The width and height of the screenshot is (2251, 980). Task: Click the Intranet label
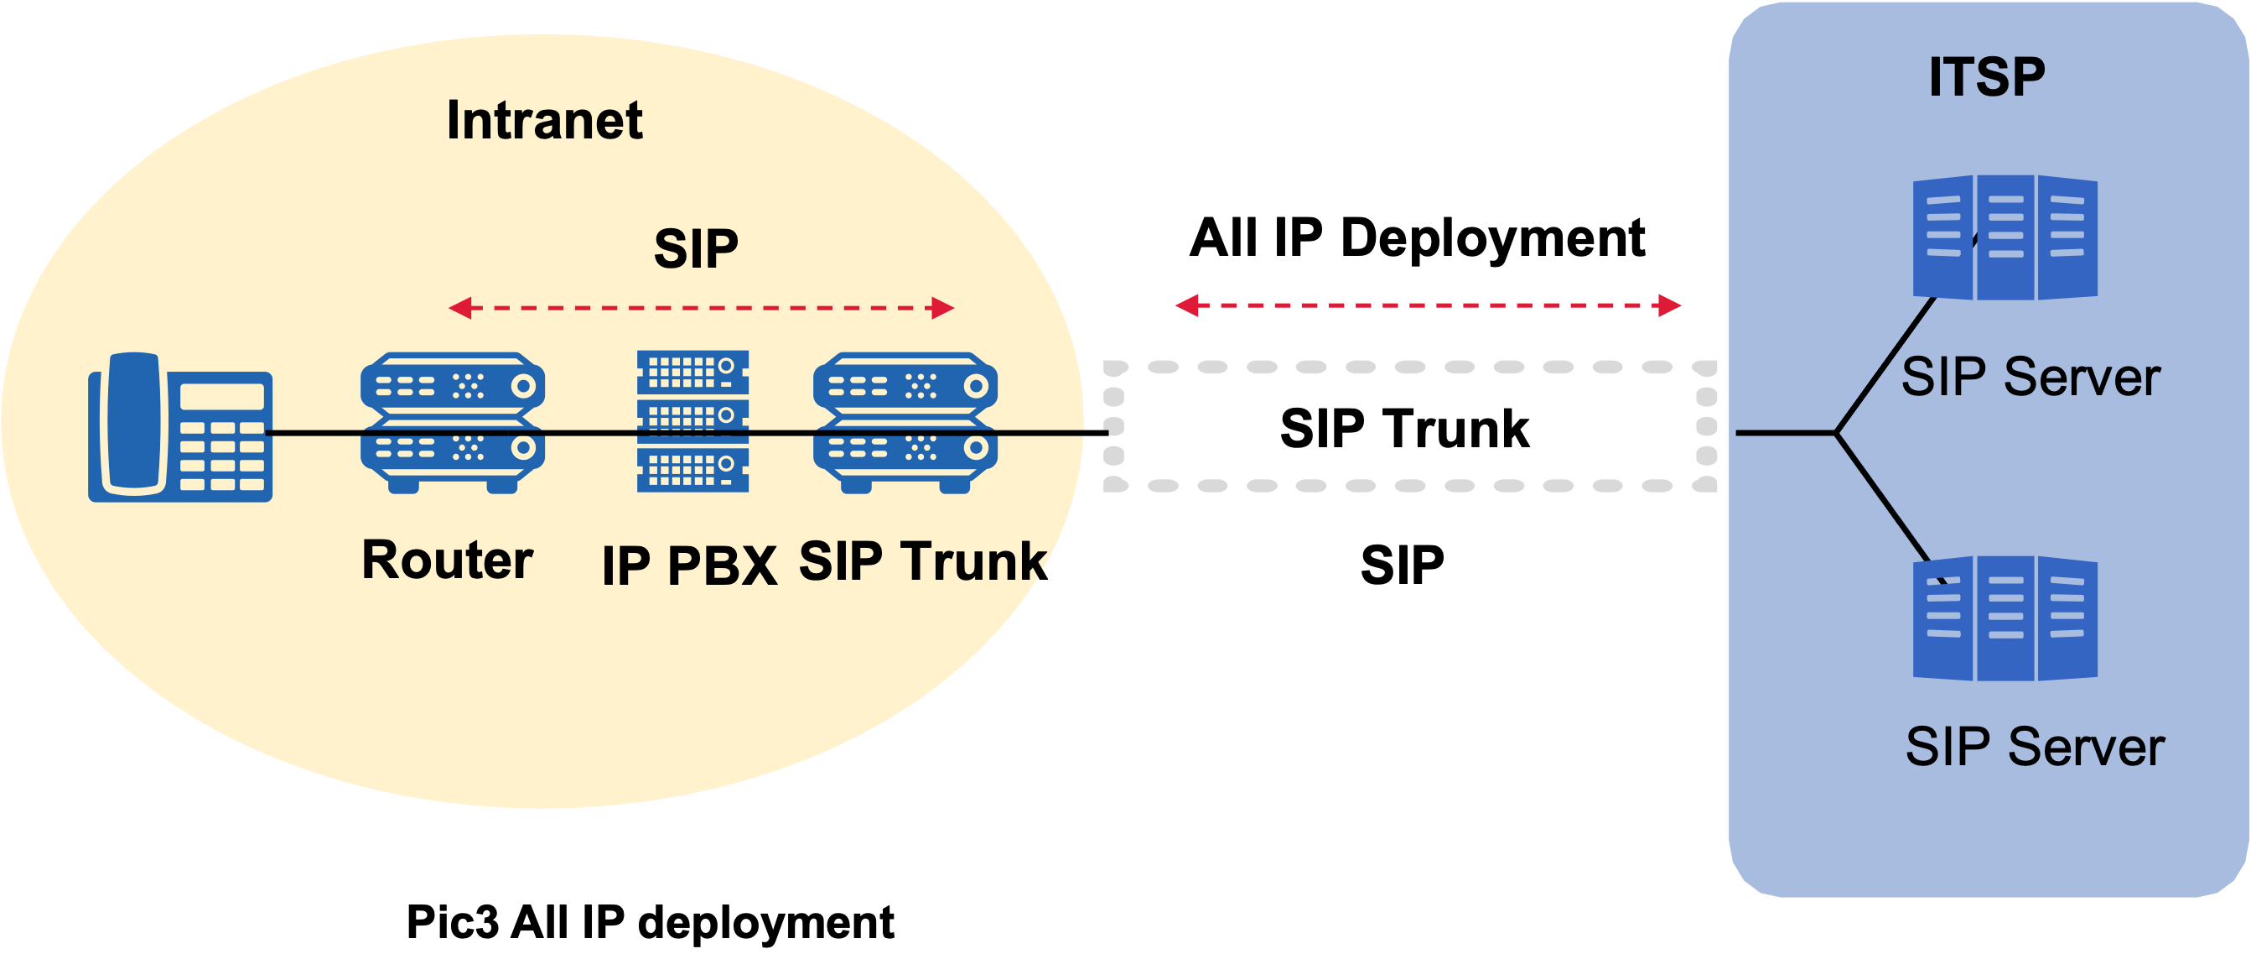tap(543, 121)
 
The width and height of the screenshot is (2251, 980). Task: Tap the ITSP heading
tap(1986, 77)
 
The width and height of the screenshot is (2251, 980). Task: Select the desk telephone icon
tap(180, 428)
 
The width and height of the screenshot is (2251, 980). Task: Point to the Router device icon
tap(453, 423)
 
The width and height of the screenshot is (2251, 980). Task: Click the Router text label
tap(447, 560)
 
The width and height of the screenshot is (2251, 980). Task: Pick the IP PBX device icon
tap(693, 421)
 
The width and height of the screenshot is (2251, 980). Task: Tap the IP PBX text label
tap(689, 566)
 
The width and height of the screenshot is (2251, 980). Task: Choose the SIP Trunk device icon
tap(905, 423)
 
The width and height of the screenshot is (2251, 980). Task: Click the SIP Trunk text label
tap(923, 561)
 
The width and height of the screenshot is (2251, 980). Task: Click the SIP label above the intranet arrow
tap(696, 249)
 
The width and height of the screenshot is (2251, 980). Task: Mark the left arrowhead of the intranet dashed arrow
tap(459, 308)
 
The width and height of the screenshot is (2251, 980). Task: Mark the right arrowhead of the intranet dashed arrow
tap(944, 308)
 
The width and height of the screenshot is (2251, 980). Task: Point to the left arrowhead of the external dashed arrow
tap(1185, 305)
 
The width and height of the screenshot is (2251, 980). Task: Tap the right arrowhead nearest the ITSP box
tap(1670, 305)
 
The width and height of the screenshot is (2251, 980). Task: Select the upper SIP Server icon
tap(2005, 237)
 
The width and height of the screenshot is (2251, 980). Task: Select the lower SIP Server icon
tap(2005, 618)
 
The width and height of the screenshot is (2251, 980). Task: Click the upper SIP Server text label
tap(2030, 378)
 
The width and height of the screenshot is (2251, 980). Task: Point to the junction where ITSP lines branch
tap(1836, 433)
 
